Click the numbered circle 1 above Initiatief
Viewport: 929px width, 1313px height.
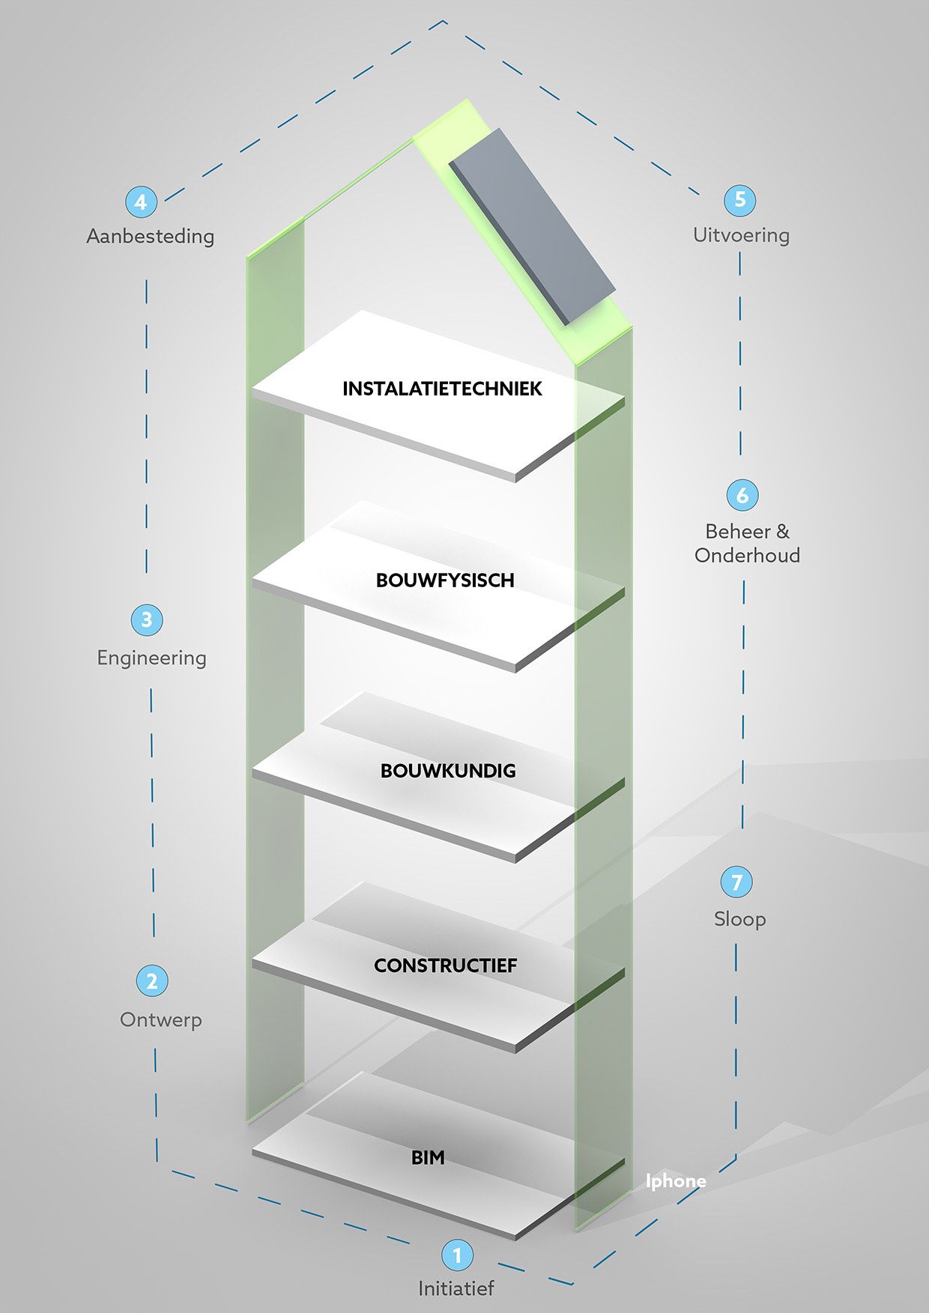coord(457,1255)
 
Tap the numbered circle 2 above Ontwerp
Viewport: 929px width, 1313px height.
coord(152,980)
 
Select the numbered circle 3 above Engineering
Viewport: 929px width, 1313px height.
coord(147,620)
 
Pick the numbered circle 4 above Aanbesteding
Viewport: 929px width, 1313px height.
coord(141,201)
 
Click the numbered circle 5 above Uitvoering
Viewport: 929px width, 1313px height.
coord(740,200)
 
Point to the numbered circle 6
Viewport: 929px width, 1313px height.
coord(742,495)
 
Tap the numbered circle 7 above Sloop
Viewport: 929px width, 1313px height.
coord(736,882)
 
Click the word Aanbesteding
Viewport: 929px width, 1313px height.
coord(151,237)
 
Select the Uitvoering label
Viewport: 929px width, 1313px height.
coord(741,235)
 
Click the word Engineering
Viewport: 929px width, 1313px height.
coord(151,658)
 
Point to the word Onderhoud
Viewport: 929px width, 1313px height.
coord(747,556)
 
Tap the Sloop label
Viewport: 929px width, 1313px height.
coord(739,919)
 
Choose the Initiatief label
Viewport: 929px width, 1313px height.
coord(456,1289)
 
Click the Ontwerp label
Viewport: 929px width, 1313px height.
coord(161,1020)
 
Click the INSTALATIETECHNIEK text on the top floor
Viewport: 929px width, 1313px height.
coord(442,389)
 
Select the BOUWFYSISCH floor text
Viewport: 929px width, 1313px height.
coord(445,580)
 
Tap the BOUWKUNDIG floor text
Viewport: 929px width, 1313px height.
coord(448,771)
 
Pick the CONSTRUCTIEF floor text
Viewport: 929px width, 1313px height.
coord(445,965)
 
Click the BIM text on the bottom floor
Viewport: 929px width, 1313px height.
coord(428,1158)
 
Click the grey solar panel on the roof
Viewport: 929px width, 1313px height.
coord(532,225)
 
